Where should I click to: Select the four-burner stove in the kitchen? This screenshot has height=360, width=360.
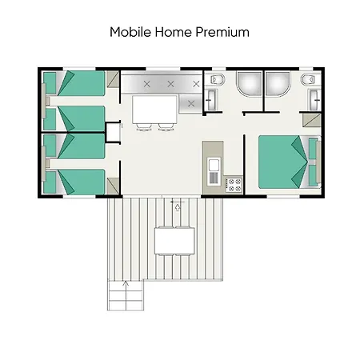(234, 185)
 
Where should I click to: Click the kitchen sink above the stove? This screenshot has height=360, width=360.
(214, 166)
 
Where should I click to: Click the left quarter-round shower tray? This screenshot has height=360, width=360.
(248, 85)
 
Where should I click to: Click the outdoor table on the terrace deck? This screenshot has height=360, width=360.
(176, 238)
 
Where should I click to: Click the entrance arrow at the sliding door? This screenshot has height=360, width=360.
(177, 208)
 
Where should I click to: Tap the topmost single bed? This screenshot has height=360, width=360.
(76, 82)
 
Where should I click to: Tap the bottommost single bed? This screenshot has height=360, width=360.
(76, 182)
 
